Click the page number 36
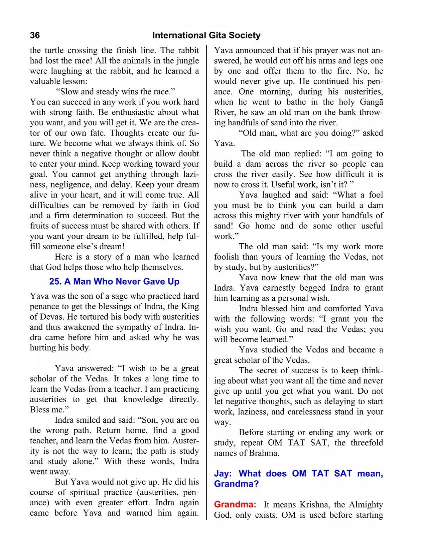35,35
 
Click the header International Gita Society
206,35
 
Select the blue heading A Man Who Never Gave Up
114,281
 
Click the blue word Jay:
223,473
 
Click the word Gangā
371,102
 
